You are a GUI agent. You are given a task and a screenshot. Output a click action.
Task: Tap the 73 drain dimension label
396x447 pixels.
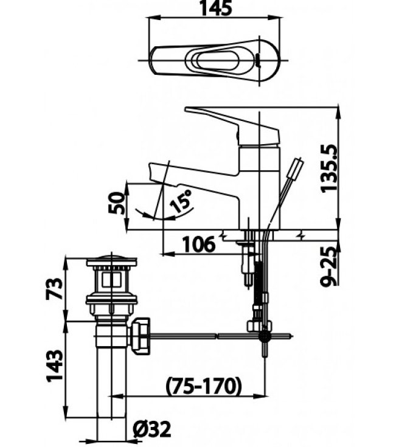(x=55, y=289)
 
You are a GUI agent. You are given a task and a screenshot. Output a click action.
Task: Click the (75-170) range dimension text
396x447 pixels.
(x=203, y=385)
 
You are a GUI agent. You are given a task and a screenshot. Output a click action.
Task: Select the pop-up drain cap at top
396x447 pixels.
(x=111, y=263)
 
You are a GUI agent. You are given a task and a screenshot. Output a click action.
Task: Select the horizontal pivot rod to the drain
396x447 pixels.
(x=201, y=334)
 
